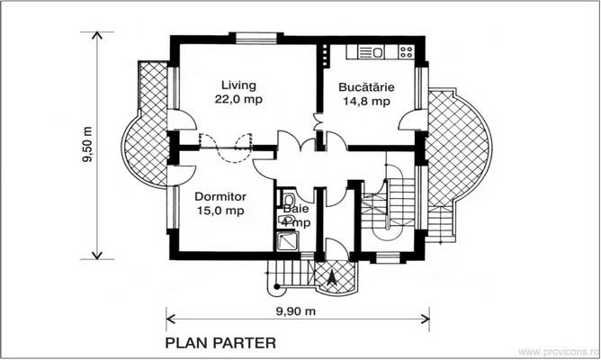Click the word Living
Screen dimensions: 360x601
coord(232,86)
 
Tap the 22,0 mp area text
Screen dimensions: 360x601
coord(232,100)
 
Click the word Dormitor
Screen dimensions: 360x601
coord(220,196)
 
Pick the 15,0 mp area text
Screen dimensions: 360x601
coord(220,211)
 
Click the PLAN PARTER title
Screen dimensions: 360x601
coord(220,343)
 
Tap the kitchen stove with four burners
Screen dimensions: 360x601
coord(406,52)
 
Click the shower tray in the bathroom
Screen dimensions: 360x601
coord(288,239)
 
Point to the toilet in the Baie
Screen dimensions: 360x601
coord(288,200)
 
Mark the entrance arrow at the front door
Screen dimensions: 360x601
coord(333,278)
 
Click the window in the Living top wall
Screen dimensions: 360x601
coord(248,38)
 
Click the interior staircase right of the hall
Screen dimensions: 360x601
coord(387,207)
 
